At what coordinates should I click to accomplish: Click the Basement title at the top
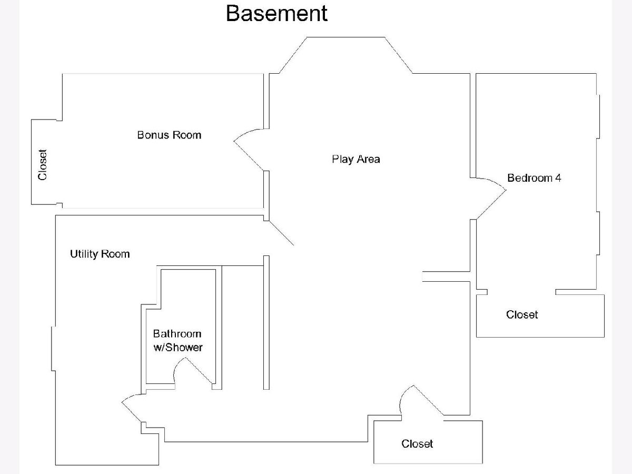click(x=276, y=13)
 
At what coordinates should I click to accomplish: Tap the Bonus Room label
click(x=169, y=135)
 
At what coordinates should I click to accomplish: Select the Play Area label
click(x=355, y=159)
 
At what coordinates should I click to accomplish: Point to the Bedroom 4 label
click(x=534, y=178)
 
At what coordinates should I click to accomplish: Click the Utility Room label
click(x=100, y=254)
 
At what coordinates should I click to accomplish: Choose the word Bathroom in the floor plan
click(x=177, y=333)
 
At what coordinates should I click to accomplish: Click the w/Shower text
click(x=177, y=348)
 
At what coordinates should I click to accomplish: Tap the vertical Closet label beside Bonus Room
click(x=43, y=164)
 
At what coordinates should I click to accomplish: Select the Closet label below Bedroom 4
click(x=522, y=314)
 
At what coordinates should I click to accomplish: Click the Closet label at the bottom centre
click(x=417, y=443)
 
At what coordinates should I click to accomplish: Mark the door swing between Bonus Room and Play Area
click(x=248, y=150)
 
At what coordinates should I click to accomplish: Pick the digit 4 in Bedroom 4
click(x=558, y=178)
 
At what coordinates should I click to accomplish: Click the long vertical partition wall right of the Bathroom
click(x=266, y=322)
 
